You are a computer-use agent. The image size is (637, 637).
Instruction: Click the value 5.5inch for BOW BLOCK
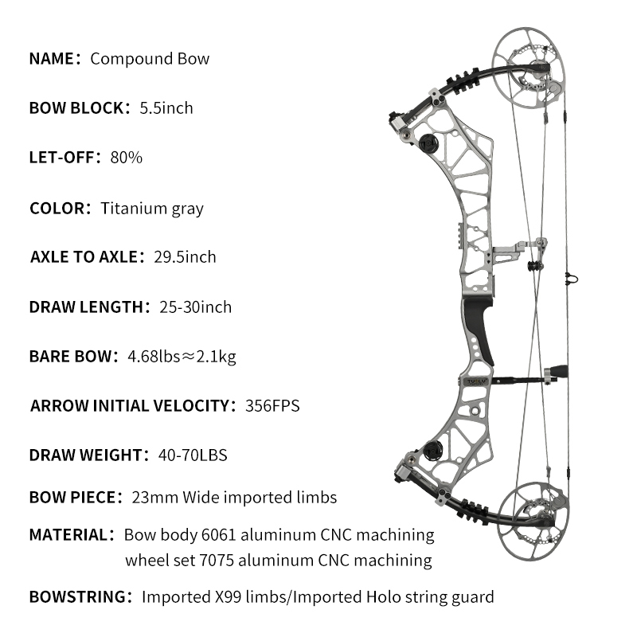166,108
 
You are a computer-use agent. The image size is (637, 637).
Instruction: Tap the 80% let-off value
127,158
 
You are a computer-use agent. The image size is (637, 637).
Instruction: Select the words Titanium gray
152,209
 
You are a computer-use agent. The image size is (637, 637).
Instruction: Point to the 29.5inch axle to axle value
185,257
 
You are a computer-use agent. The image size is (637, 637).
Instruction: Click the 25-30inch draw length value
195,307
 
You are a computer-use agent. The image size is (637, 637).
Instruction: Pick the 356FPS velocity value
272,406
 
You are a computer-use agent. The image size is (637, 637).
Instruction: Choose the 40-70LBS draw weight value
193,455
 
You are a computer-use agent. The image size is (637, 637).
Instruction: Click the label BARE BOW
70,357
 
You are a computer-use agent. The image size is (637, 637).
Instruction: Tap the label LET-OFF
62,158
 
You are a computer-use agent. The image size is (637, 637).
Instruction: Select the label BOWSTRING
77,597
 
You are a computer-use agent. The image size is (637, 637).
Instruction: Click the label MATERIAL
68,535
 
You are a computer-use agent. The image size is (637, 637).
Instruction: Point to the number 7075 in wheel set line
217,561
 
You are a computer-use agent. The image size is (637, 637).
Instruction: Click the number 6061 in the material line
219,535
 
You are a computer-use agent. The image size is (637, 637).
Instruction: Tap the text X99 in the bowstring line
228,597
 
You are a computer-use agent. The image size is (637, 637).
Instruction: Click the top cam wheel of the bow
528,68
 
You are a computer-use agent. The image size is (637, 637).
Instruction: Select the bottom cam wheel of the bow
533,522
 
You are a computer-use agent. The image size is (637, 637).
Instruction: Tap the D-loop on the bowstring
571,279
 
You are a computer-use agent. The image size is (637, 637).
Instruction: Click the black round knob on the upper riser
428,143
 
